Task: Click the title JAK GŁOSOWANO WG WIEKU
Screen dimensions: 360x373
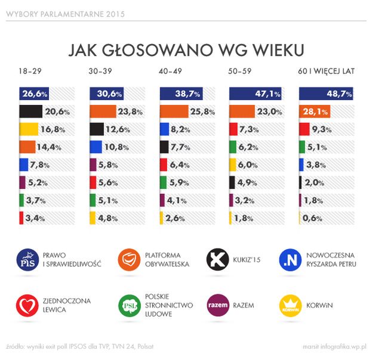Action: point(186,47)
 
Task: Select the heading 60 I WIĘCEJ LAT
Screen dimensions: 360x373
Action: point(326,71)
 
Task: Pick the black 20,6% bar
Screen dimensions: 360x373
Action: point(30,111)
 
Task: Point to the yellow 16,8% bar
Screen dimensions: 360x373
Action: point(29,129)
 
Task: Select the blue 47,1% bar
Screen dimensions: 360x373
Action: point(249,94)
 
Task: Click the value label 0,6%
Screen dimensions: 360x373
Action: point(313,219)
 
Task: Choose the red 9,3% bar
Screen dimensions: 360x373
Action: point(304,129)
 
